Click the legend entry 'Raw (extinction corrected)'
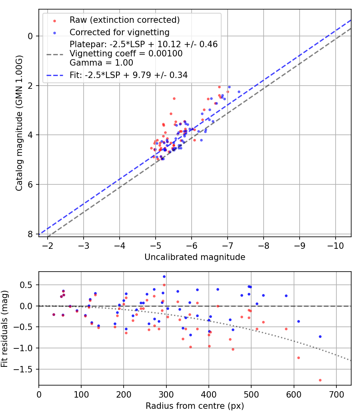tap(124, 20)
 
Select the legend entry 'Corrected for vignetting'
tap(119, 32)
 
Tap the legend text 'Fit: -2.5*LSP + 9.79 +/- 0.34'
tap(128, 74)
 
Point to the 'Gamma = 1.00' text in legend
tap(101, 62)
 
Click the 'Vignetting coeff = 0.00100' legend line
tap(126, 54)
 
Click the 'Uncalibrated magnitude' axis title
tap(195, 257)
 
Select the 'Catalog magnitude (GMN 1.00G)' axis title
tap(19, 123)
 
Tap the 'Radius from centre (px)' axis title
tap(195, 406)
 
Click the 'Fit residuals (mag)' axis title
tap(5, 328)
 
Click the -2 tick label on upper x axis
tap(48, 245)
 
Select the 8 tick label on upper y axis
tap(30, 234)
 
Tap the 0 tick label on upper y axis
tap(30, 36)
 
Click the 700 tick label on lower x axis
tap(336, 394)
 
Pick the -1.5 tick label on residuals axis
tap(25, 369)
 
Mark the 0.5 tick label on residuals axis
tap(27, 285)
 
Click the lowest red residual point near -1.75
tap(320, 380)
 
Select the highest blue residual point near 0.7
tap(164, 276)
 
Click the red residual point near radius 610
tap(298, 358)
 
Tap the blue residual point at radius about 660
tap(320, 336)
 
